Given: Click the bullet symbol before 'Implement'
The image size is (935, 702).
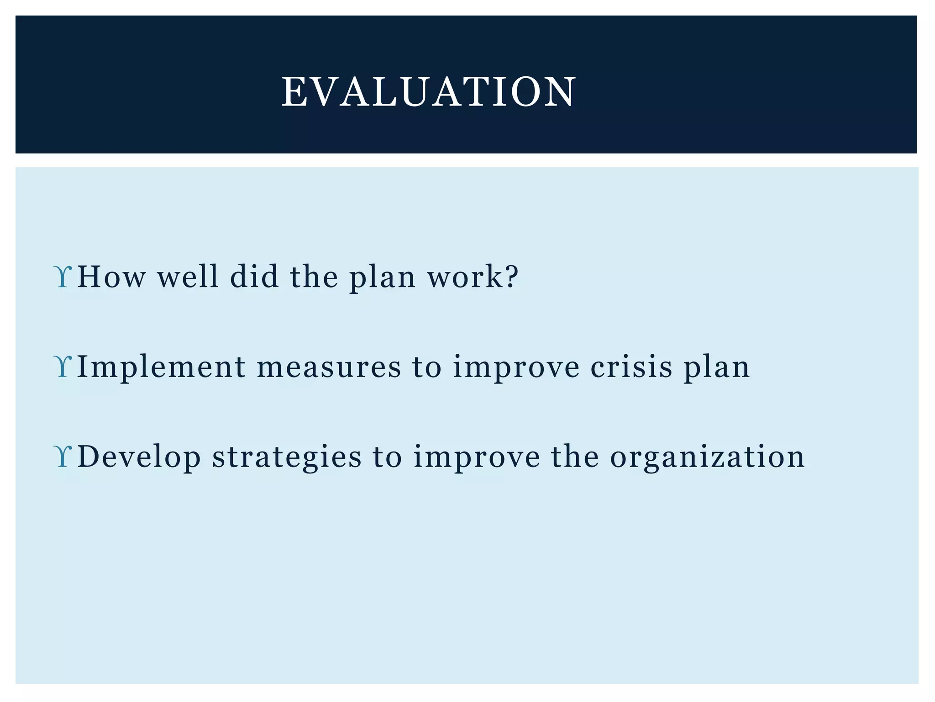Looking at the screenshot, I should pos(63,367).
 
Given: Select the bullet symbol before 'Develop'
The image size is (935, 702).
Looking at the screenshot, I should pos(63,457).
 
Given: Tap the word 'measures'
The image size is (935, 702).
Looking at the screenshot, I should pos(329,367).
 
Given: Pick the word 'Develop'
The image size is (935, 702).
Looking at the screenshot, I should pos(139,457).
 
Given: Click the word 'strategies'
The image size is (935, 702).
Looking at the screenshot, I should pos(287,457).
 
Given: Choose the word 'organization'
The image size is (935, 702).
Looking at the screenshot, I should pos(707,457).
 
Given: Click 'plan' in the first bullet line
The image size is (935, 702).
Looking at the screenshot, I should pos(383,277).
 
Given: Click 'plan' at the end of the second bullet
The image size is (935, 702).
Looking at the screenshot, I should pos(716,367).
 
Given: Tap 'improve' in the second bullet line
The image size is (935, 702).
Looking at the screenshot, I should pos(516,367).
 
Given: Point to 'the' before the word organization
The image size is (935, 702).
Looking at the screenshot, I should pos(574,457).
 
